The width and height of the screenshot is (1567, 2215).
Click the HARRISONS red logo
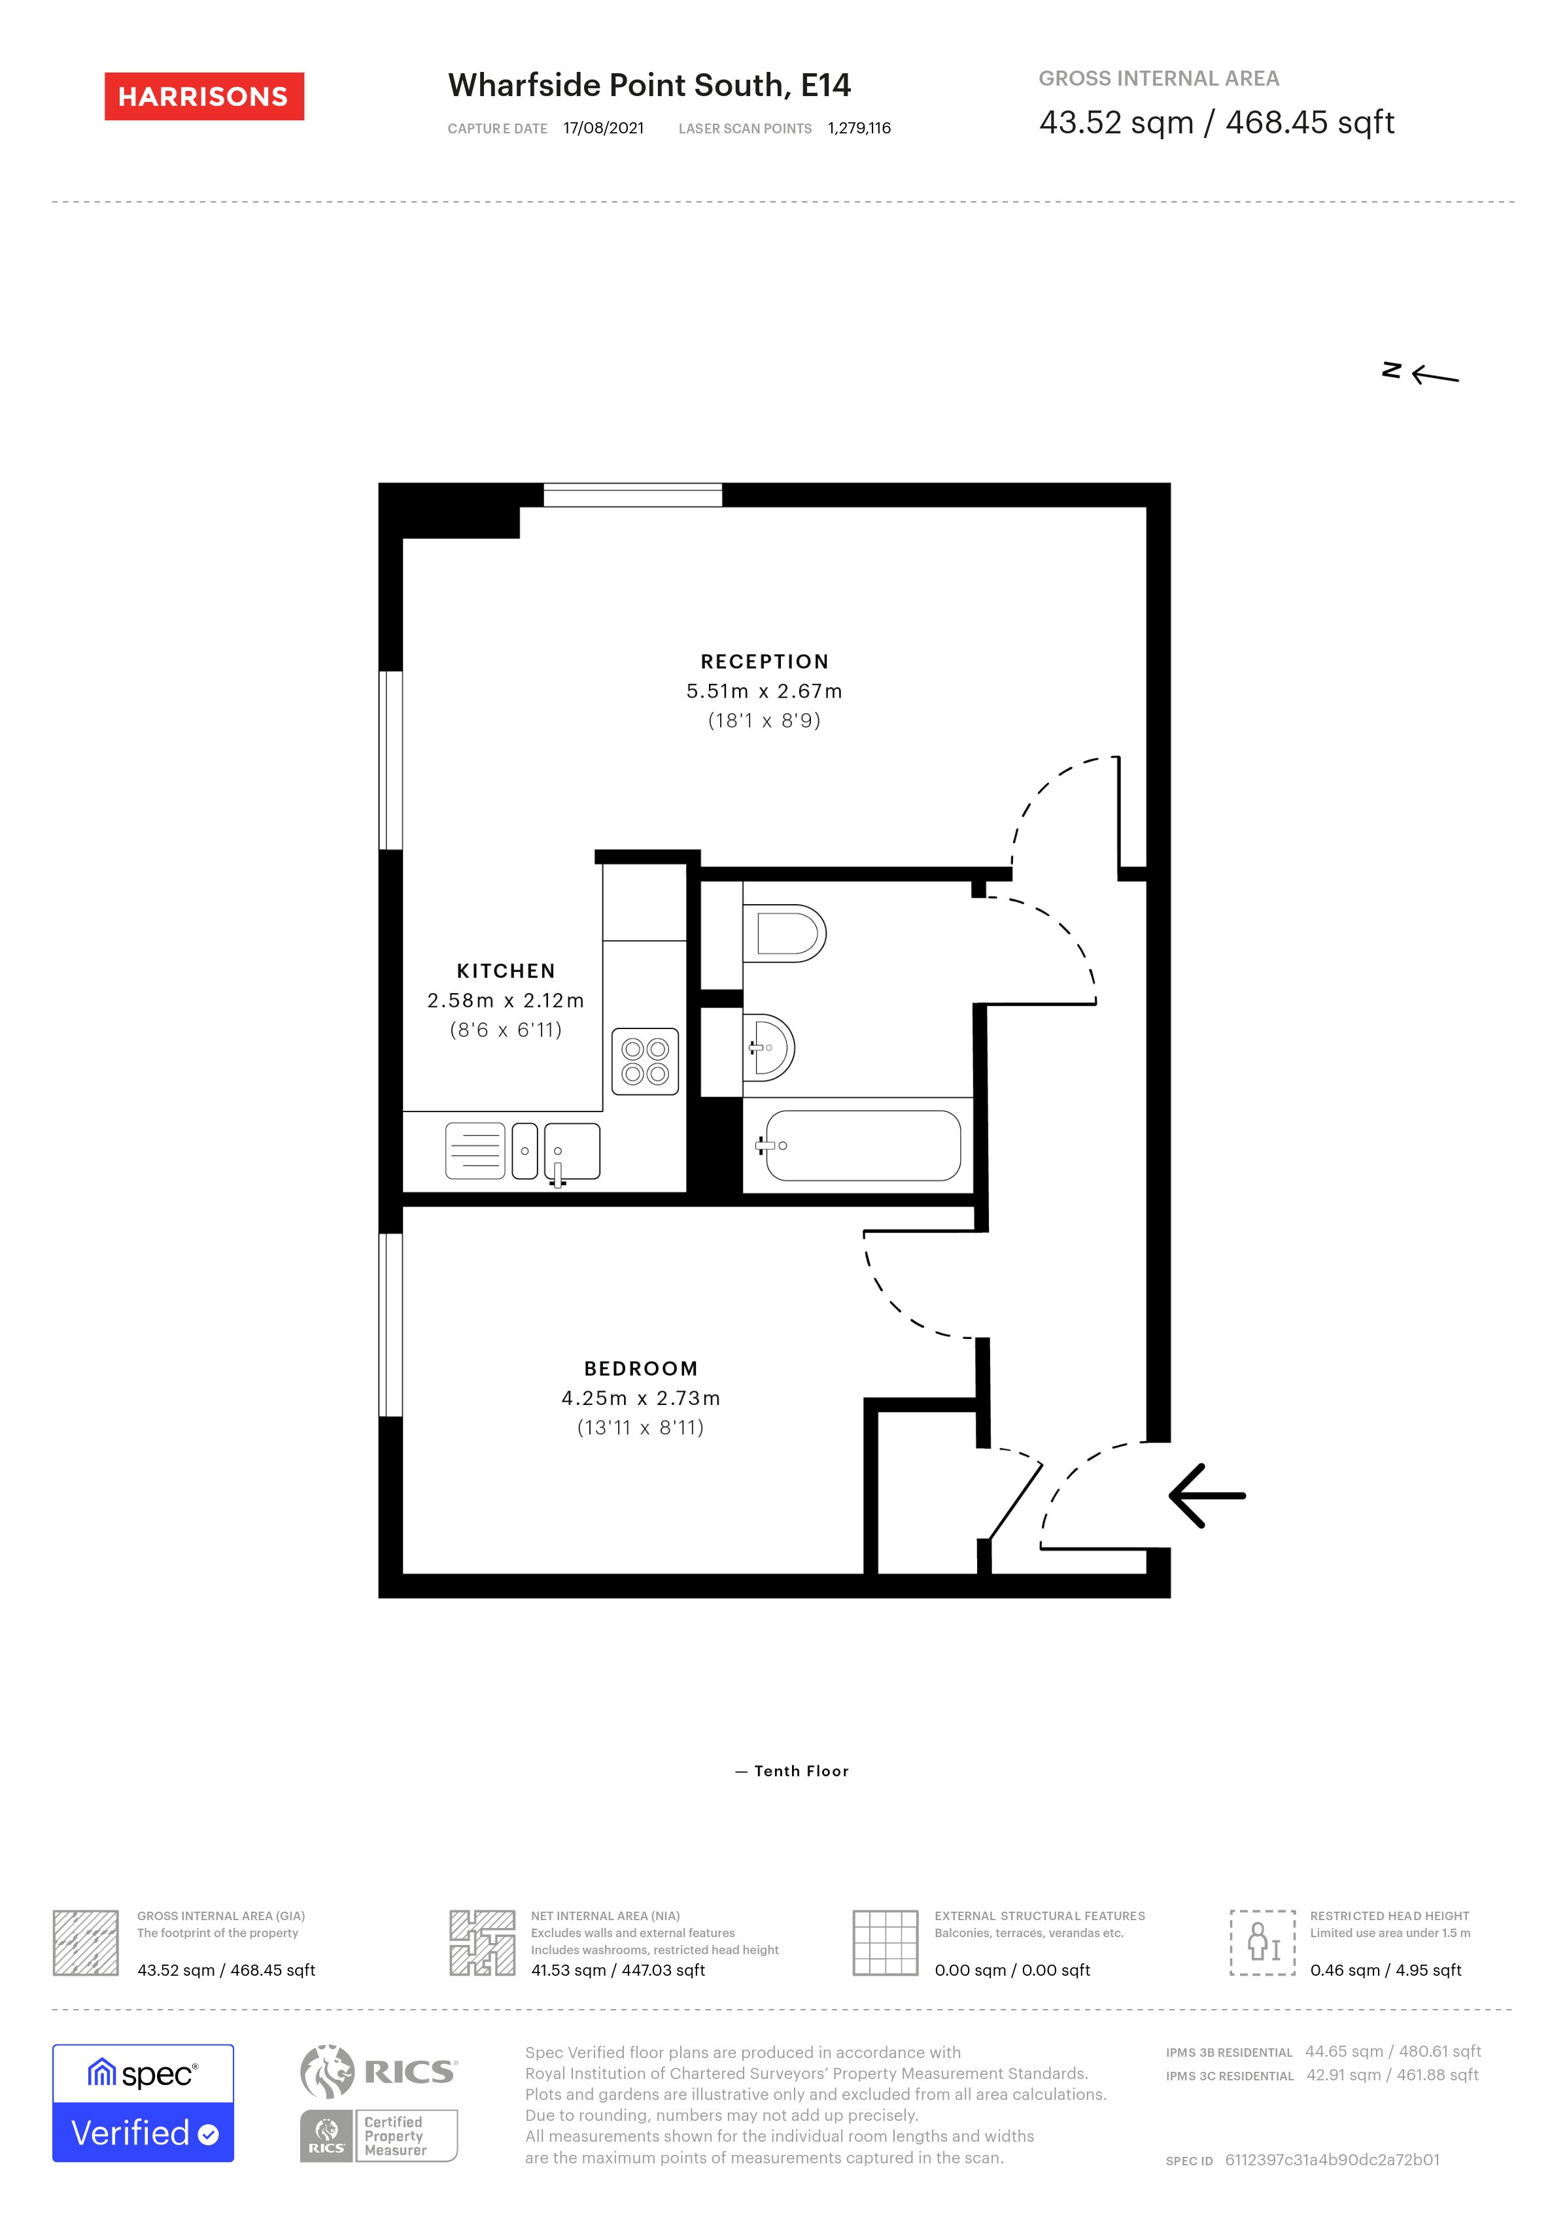point(203,97)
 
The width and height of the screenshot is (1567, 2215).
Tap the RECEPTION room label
point(764,662)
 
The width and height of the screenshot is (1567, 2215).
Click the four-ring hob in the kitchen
point(645,1061)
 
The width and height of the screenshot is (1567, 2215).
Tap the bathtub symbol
point(862,1145)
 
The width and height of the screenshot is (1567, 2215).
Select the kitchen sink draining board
point(475,1151)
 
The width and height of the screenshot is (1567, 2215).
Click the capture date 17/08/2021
point(603,128)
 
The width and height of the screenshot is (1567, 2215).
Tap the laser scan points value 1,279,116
point(859,128)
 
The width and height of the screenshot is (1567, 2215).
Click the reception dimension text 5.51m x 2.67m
point(764,691)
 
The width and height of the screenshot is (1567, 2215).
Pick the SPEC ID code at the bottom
point(1332,2160)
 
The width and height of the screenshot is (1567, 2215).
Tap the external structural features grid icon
point(885,1942)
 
